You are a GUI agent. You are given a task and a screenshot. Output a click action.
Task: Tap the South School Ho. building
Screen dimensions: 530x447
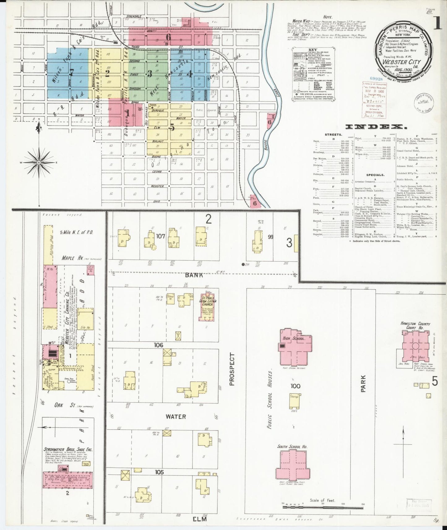coord(292,467)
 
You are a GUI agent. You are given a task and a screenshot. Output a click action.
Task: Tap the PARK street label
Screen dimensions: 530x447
coord(363,384)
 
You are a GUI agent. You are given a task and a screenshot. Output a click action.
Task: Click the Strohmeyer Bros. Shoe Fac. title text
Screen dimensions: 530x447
coord(68,450)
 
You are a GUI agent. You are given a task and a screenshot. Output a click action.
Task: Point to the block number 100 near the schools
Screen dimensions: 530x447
coord(295,386)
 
